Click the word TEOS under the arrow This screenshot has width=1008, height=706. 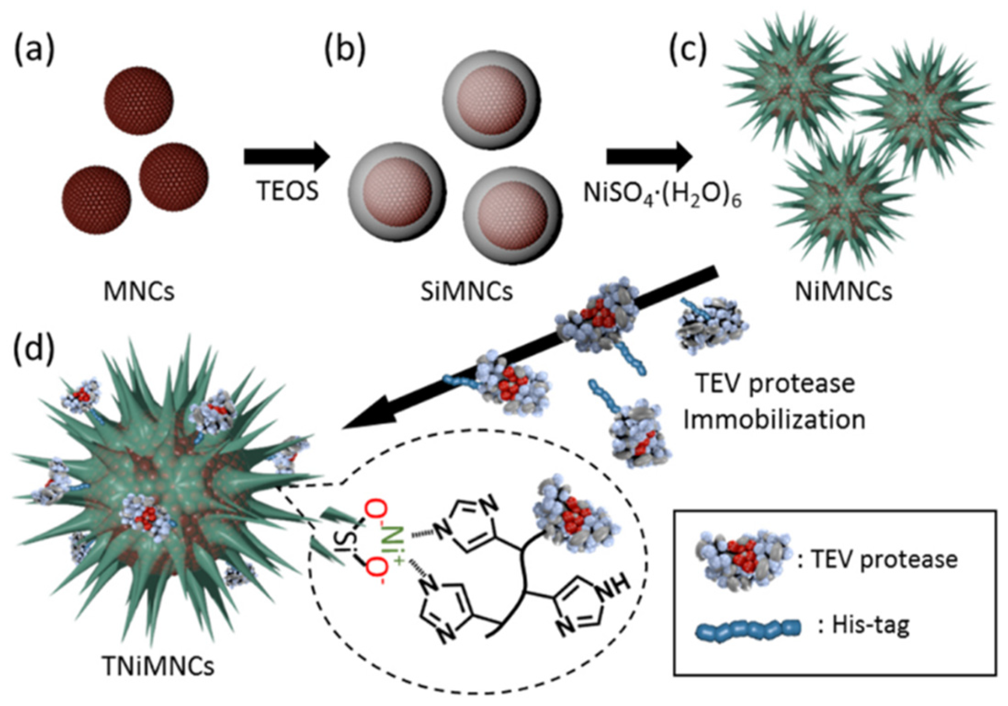pyautogui.click(x=287, y=191)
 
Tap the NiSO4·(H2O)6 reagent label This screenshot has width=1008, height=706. pyautogui.click(x=663, y=193)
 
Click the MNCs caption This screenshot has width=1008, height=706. pyautogui.click(x=139, y=291)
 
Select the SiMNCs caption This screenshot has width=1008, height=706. pyautogui.click(x=466, y=291)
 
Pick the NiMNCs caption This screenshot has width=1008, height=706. pyautogui.click(x=844, y=291)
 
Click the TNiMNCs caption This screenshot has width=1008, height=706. pyautogui.click(x=159, y=666)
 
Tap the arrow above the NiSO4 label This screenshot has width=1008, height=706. pyautogui.click(x=649, y=157)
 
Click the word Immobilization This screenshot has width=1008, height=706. pyautogui.click(x=774, y=420)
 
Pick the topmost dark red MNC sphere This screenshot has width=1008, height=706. pyautogui.click(x=139, y=100)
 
